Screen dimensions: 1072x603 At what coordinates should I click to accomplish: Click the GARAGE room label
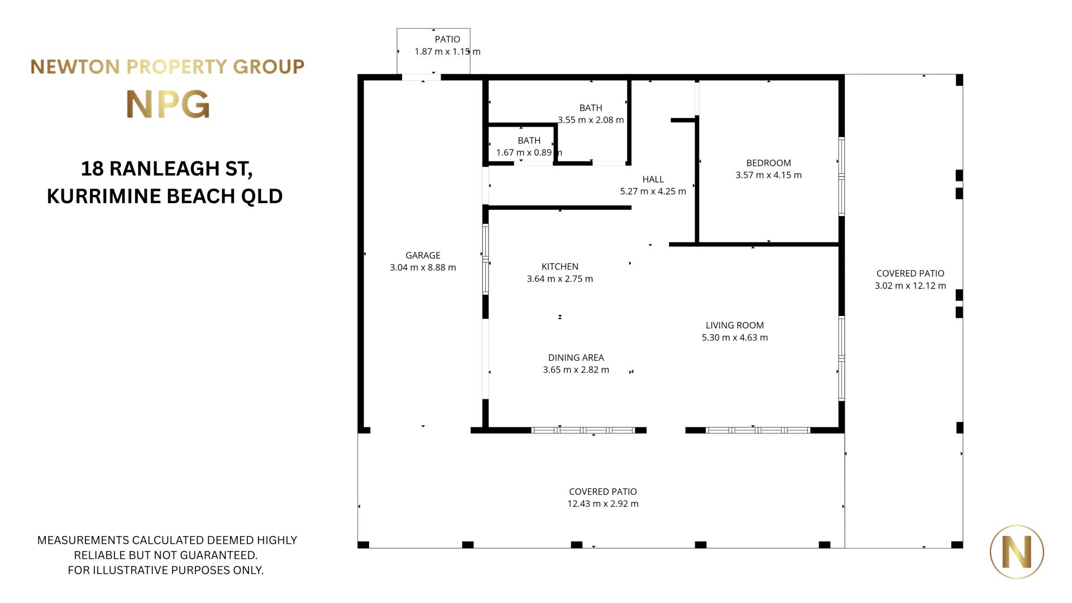click(x=423, y=255)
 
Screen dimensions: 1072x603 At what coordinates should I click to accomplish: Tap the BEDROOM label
click(x=768, y=163)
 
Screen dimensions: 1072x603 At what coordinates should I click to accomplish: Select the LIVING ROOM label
click(x=735, y=325)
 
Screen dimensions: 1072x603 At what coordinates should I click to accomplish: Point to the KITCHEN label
click(x=560, y=266)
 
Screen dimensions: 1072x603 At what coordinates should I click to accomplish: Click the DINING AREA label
click(x=576, y=357)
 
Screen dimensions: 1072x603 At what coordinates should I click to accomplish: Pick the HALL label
click(x=653, y=179)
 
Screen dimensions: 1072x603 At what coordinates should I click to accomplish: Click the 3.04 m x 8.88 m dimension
click(x=423, y=267)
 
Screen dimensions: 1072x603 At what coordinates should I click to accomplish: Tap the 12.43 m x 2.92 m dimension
click(x=603, y=504)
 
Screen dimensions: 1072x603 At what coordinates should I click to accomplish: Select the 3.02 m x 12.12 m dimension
click(x=910, y=285)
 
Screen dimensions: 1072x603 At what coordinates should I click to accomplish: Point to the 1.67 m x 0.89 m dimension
click(x=529, y=152)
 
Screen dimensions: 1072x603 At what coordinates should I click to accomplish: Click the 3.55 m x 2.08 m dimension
click(x=591, y=119)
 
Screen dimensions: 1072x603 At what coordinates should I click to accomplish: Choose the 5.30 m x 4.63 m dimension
click(x=735, y=337)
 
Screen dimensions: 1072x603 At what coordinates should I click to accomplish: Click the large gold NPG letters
click(x=168, y=104)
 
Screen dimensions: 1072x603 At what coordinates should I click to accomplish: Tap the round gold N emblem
click(x=1017, y=552)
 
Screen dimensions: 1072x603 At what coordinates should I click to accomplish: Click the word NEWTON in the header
click(x=75, y=67)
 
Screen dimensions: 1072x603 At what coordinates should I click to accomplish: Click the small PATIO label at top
click(x=447, y=39)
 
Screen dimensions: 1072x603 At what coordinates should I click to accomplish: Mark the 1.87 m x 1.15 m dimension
click(x=447, y=51)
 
